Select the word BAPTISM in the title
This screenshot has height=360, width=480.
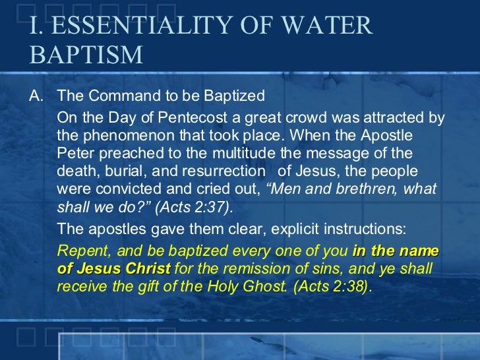point(86,55)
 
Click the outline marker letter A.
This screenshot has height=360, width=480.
point(36,96)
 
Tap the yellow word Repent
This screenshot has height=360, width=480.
point(78,251)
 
